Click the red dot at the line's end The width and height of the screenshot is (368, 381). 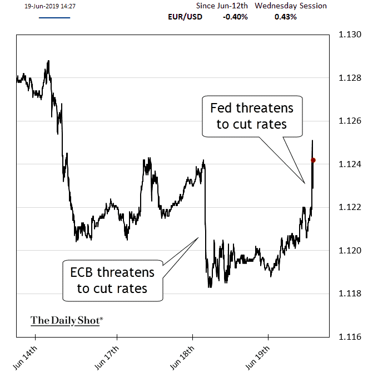coord(313,160)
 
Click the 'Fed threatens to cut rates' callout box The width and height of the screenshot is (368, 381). coord(252,115)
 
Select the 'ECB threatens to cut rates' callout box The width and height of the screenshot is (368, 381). coord(112,280)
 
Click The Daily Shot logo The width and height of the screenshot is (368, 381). coord(67,320)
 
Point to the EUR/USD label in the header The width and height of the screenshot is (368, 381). coord(185,17)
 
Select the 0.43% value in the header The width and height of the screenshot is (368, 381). coord(286,17)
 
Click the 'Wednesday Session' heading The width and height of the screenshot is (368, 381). coord(291,6)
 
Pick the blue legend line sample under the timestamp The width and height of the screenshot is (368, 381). coord(54,18)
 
